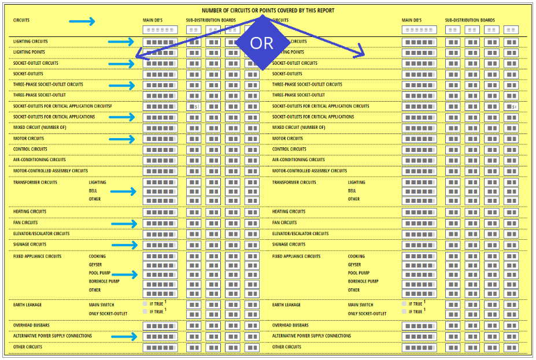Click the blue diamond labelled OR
pos(261,43)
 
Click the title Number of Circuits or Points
pos(268,10)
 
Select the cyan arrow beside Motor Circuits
pos(121,139)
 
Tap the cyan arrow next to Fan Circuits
pos(124,224)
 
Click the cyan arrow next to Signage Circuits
pos(124,245)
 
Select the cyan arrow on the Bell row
pos(124,191)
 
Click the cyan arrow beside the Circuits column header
pos(82,22)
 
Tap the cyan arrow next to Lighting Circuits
pos(121,42)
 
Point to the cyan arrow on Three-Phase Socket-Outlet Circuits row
pos(121,85)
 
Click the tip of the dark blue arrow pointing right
pos(364,55)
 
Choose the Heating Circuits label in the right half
pos(289,211)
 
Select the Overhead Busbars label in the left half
pos(31,325)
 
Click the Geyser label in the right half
pos(354,265)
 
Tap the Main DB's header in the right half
pos(412,20)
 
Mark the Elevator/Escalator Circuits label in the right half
pos(300,234)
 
